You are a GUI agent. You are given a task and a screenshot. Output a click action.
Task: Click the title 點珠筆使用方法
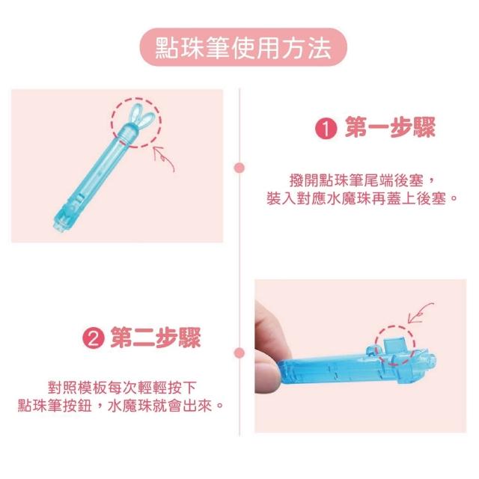pos(243,48)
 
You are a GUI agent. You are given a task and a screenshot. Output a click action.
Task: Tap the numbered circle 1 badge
pos(326,129)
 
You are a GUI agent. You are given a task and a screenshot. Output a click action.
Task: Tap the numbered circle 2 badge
pos(94,338)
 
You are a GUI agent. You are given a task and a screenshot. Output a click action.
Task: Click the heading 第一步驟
pos(391,128)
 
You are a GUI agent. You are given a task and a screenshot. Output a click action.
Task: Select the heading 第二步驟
pos(156,338)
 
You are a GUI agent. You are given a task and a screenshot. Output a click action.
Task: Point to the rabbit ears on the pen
pos(141,118)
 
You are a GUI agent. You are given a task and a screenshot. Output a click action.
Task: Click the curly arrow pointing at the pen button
pos(420,313)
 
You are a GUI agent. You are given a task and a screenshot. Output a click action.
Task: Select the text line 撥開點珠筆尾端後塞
pos(361,180)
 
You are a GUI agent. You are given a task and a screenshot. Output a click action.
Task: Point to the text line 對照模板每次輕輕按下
pos(121,388)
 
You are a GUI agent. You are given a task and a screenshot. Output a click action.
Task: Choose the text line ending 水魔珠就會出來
pos(120,406)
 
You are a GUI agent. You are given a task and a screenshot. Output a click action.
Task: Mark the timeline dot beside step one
pos(239,168)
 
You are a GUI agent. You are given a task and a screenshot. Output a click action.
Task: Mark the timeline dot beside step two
pos(239,353)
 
